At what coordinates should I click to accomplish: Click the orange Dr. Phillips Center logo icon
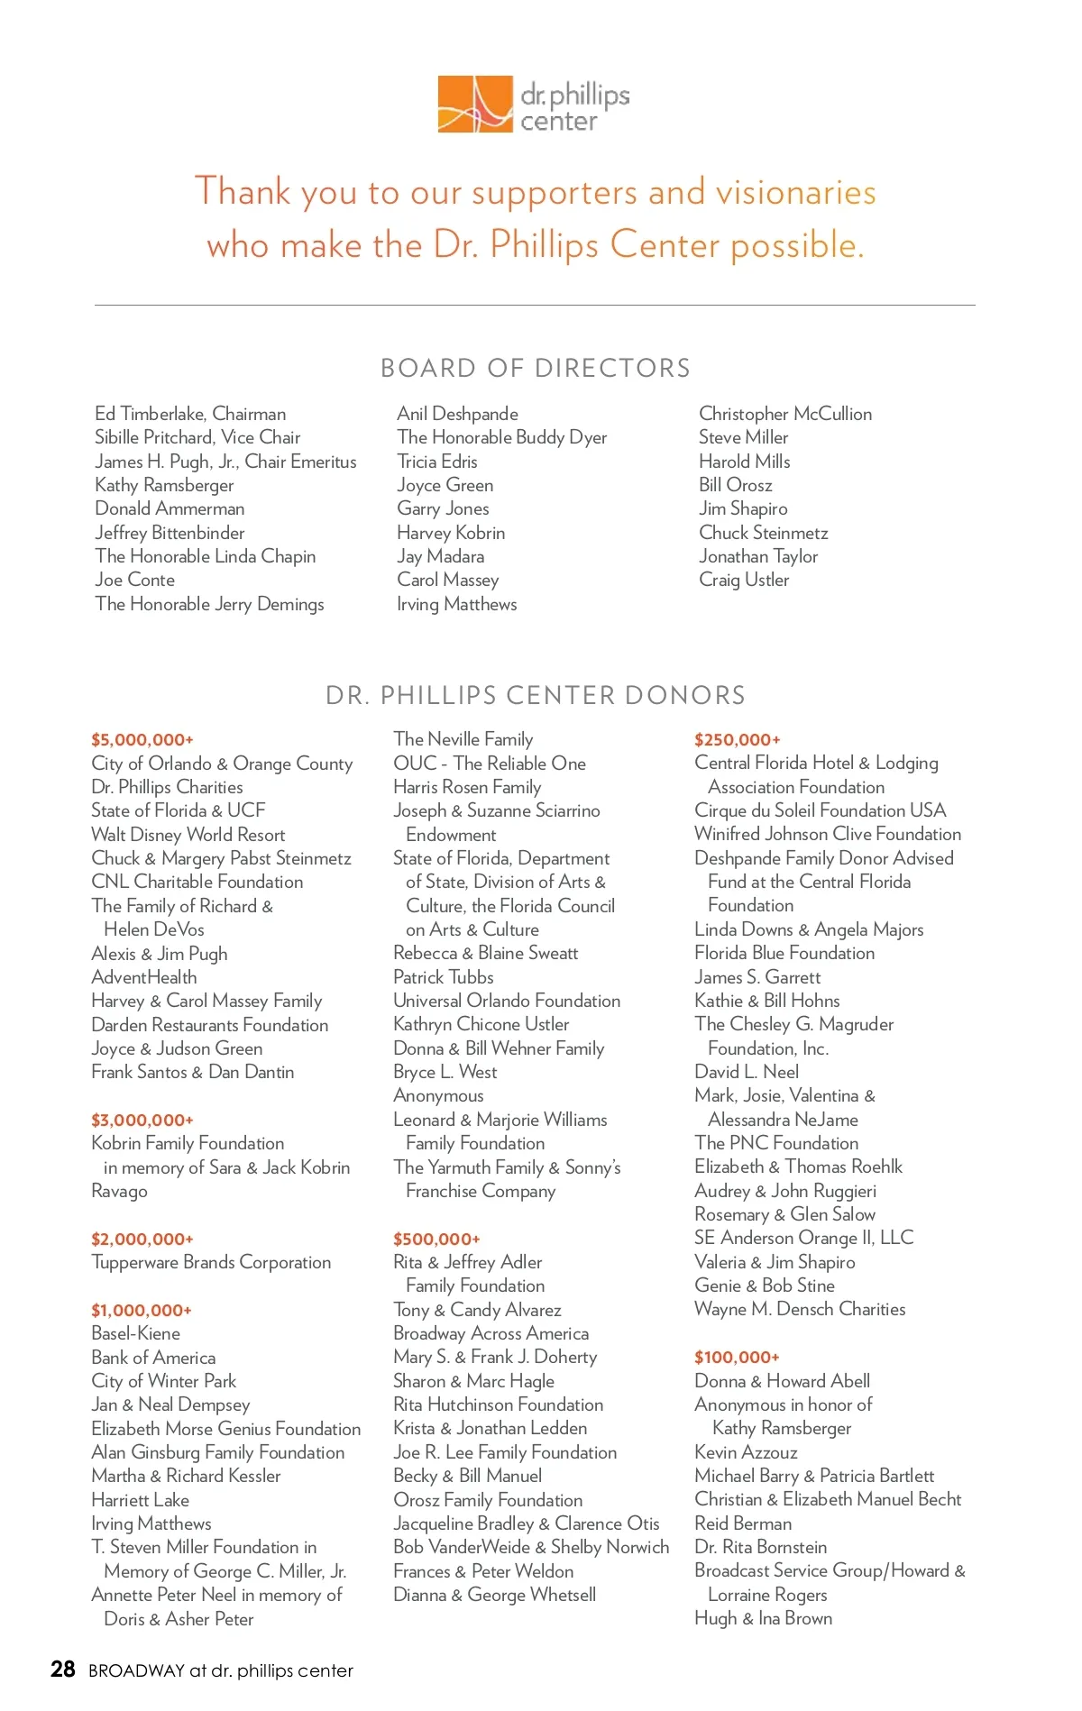coord(474,105)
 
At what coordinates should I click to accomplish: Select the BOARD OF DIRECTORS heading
coord(536,368)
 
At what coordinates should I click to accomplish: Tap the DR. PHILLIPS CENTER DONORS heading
coord(536,695)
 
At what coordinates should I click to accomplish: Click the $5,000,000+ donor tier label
coord(142,740)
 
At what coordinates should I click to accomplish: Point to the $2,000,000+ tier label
coord(142,1239)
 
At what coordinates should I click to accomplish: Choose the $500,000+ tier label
coord(436,1239)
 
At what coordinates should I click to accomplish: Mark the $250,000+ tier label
coord(737,740)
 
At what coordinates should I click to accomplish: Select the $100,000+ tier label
coord(737,1357)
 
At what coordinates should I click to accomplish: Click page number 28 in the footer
coord(63,1670)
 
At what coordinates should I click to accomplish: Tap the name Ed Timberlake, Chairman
coord(190,414)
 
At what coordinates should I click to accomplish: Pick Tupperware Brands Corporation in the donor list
coord(211,1262)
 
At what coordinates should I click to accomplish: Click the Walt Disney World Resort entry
coord(188,835)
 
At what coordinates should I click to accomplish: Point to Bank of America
coord(153,1358)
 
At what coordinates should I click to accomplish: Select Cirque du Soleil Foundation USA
coord(820,810)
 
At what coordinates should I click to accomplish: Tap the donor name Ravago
coord(119,1191)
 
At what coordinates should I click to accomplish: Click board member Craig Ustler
coord(744,580)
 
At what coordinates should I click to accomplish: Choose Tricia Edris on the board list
coord(437,462)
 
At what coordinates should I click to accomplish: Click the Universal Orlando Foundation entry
coord(507,1001)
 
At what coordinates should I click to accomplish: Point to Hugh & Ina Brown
coord(763,1618)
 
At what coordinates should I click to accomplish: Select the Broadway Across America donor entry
coord(491,1333)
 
